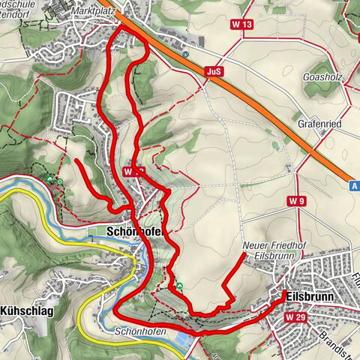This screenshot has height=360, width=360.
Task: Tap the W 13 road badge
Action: pyautogui.click(x=242, y=24)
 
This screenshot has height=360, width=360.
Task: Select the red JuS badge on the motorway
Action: pyautogui.click(x=213, y=72)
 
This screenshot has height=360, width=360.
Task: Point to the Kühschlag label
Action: pyautogui.click(x=26, y=310)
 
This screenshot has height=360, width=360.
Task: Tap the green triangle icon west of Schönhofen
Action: pyautogui.click(x=51, y=179)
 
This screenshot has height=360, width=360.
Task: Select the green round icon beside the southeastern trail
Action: pyautogui.click(x=179, y=286)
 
